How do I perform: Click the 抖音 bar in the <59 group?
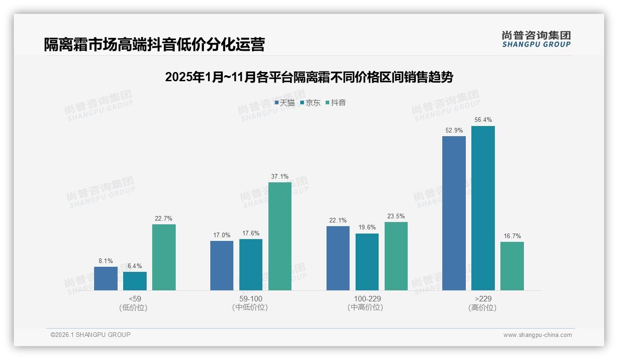tap(164, 257)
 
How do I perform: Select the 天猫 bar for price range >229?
tap(454, 213)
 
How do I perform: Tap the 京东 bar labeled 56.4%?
tap(483, 208)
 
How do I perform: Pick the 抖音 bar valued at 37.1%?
tap(280, 236)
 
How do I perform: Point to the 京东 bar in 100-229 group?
tap(367, 262)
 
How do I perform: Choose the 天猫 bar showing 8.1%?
tap(106, 278)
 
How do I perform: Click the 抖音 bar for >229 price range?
tap(512, 266)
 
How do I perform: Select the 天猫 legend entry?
tap(285, 103)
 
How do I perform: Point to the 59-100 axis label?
tap(251, 299)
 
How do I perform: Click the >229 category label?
tap(483, 299)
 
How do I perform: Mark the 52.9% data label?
tap(454, 131)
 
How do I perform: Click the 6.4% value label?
tap(135, 266)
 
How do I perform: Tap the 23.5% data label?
tap(396, 216)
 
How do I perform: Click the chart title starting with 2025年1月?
tap(309, 77)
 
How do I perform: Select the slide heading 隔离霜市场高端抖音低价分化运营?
tap(154, 45)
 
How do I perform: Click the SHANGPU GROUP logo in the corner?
tap(536, 39)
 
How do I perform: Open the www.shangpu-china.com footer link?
tap(537, 335)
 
